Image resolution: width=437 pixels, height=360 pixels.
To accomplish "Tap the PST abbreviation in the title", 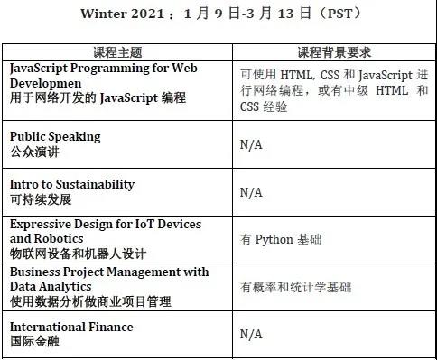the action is pyautogui.click(x=339, y=14).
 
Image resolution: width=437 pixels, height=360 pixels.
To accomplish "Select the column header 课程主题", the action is pyautogui.click(x=117, y=52).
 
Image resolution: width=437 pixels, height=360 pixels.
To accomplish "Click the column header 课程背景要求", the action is pyautogui.click(x=334, y=52).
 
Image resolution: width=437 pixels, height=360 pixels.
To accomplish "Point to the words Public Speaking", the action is pyautogui.click(x=55, y=137).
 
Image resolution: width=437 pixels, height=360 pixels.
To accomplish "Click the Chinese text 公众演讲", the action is pyautogui.click(x=34, y=152).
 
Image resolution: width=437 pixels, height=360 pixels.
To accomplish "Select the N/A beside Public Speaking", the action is pyautogui.click(x=251, y=145).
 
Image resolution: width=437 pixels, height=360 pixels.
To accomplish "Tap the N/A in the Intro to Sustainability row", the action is pyautogui.click(x=251, y=192).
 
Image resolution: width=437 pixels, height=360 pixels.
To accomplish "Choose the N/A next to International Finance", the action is pyautogui.click(x=251, y=334).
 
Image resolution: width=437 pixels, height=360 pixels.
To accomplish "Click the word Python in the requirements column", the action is pyautogui.click(x=274, y=240).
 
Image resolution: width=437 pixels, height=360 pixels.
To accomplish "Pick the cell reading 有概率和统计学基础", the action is pyautogui.click(x=295, y=287).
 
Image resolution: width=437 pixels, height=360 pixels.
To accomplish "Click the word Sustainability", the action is pyautogui.click(x=95, y=185).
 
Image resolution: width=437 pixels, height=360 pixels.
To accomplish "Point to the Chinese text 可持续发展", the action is pyautogui.click(x=41, y=199).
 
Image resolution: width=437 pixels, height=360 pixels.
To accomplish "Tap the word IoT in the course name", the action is pyautogui.click(x=144, y=225).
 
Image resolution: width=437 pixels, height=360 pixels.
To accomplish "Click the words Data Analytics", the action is pyautogui.click(x=51, y=287).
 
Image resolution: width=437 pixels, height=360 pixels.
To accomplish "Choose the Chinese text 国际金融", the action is pyautogui.click(x=34, y=341).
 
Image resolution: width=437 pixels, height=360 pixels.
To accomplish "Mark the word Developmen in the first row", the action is pyautogui.click(x=46, y=84).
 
